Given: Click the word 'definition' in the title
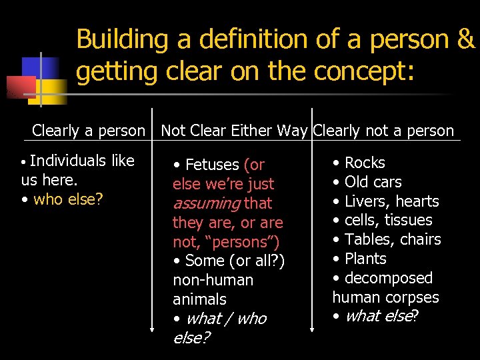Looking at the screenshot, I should [239, 39].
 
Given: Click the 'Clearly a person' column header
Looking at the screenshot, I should [88, 131].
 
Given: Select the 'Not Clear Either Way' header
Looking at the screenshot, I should [235, 131].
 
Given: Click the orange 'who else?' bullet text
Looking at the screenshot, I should [68, 199].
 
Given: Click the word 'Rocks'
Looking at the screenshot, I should [365, 163].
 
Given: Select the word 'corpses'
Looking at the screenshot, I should [414, 297].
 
